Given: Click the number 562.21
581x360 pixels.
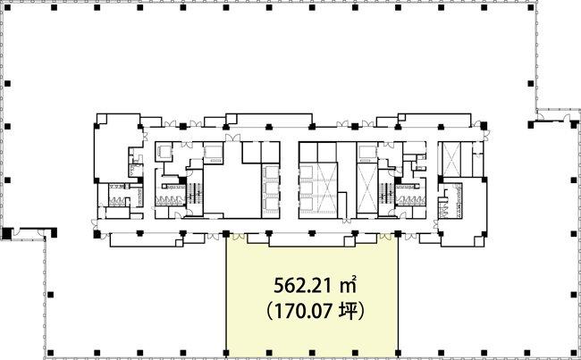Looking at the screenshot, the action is click(299, 285).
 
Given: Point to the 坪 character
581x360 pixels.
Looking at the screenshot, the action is click(347, 311).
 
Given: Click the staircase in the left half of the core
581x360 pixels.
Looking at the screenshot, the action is click(194, 192).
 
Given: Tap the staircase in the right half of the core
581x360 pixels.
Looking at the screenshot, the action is click(385, 192).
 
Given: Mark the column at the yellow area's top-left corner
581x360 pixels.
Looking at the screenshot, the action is click(225, 233).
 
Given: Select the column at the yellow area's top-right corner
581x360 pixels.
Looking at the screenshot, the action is click(398, 233).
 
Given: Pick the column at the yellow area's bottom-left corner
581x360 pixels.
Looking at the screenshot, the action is click(225, 352).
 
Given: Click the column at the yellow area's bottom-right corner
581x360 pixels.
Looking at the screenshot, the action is click(398, 352).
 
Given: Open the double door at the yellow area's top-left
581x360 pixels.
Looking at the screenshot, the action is click(238, 237).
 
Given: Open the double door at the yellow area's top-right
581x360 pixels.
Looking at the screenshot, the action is click(385, 237).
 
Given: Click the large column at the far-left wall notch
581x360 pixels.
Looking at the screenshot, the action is click(6, 233).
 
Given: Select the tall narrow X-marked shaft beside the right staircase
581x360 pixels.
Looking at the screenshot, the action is click(366, 188).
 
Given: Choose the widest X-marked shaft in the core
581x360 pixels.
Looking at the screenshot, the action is click(327, 188).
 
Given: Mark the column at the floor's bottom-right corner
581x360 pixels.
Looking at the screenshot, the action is click(574, 352).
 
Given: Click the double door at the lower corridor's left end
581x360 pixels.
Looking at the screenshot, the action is click(94, 224).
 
